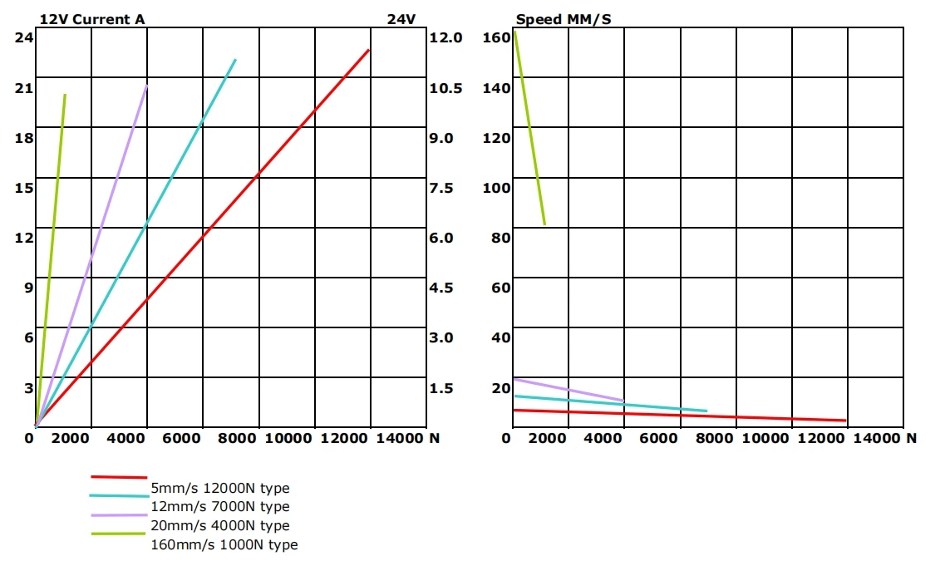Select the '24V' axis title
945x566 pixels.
[401, 19]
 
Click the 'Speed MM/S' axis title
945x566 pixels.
[563, 19]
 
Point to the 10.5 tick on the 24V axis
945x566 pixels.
[445, 88]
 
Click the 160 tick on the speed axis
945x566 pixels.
[495, 37]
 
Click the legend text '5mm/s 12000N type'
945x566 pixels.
[220, 489]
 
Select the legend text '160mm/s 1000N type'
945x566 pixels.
[224, 545]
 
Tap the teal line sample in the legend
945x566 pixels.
[119, 495]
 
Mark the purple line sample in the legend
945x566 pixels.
[119, 515]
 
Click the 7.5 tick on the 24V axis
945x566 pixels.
[441, 188]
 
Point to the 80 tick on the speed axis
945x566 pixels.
[499, 238]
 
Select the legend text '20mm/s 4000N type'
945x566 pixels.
[220, 526]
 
